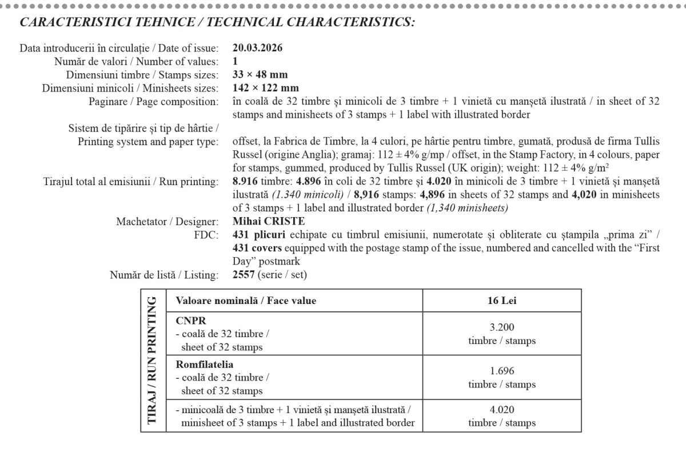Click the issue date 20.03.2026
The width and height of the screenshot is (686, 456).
coord(257,48)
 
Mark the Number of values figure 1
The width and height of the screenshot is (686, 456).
coord(236,61)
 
